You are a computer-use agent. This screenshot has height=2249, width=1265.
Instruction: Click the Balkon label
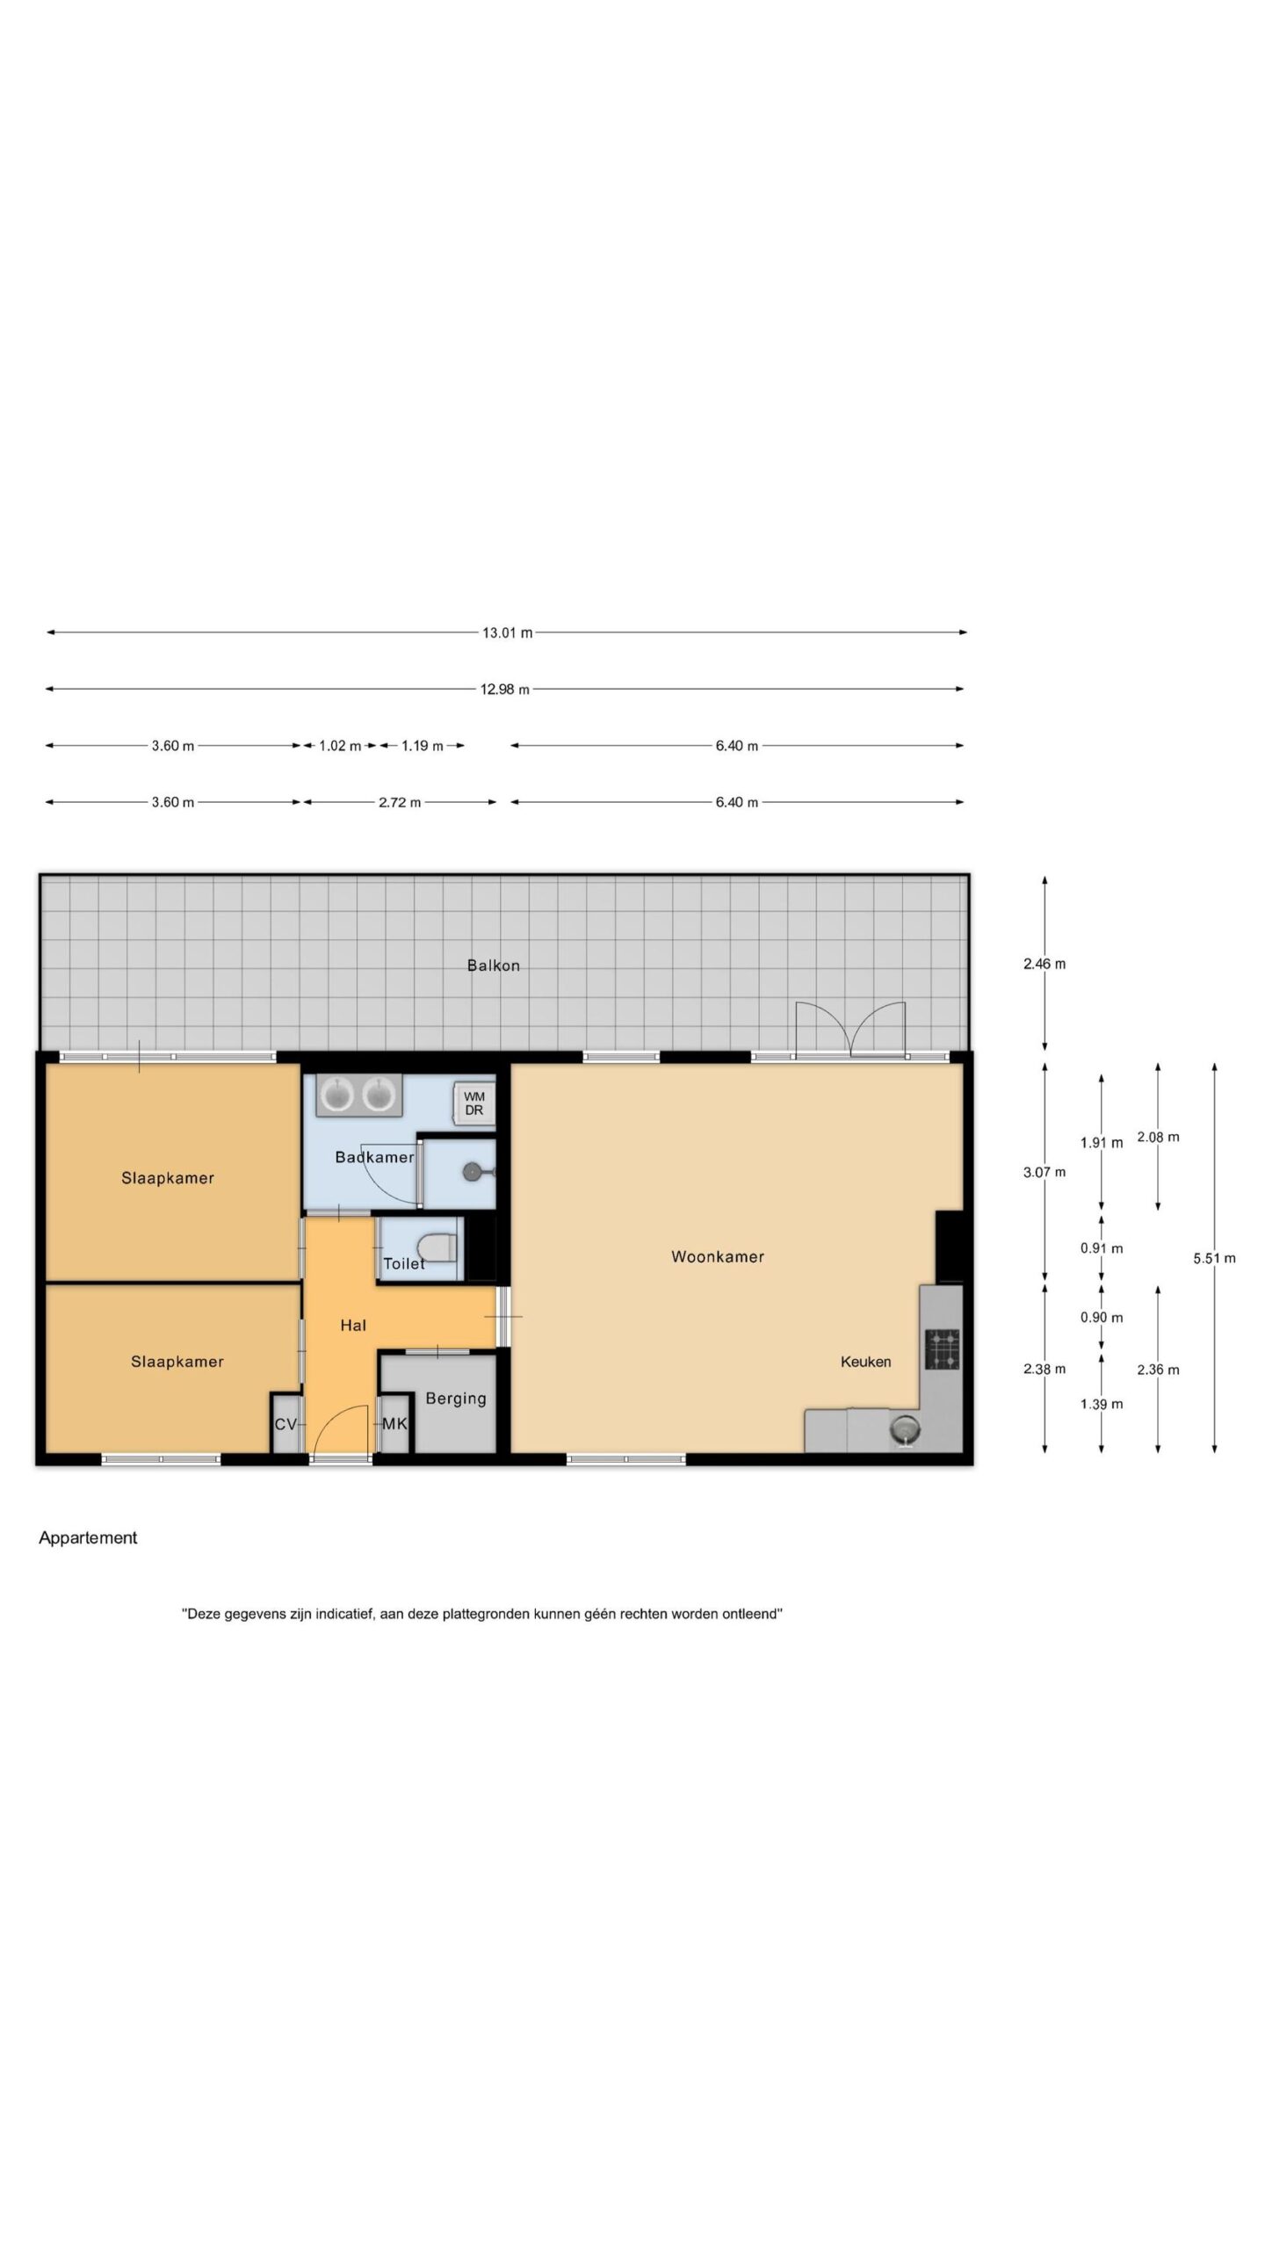493,965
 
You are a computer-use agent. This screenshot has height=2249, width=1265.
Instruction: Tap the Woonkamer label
718,1257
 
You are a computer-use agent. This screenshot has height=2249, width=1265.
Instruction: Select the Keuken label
865,1362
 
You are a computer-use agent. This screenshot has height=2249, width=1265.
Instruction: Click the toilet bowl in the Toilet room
437,1246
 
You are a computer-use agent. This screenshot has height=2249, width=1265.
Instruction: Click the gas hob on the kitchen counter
942,1350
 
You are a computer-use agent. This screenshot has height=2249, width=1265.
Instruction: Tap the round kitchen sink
904,1430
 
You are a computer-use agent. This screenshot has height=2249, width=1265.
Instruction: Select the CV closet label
286,1424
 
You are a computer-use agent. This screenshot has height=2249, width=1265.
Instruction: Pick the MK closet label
394,1423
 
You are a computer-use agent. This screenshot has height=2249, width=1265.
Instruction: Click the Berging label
455,1399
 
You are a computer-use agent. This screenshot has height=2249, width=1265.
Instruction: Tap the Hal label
353,1325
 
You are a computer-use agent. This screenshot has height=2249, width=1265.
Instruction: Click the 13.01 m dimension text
507,633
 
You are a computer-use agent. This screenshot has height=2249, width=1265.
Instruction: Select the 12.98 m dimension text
504,690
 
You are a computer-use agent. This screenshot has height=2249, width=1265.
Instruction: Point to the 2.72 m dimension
400,802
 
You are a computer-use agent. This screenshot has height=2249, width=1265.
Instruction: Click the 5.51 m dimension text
1214,1258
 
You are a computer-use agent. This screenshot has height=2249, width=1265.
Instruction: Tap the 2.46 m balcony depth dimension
1045,964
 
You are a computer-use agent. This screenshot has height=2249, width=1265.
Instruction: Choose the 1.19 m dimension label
423,746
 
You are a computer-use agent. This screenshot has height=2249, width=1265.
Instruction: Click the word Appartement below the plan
88,1537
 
